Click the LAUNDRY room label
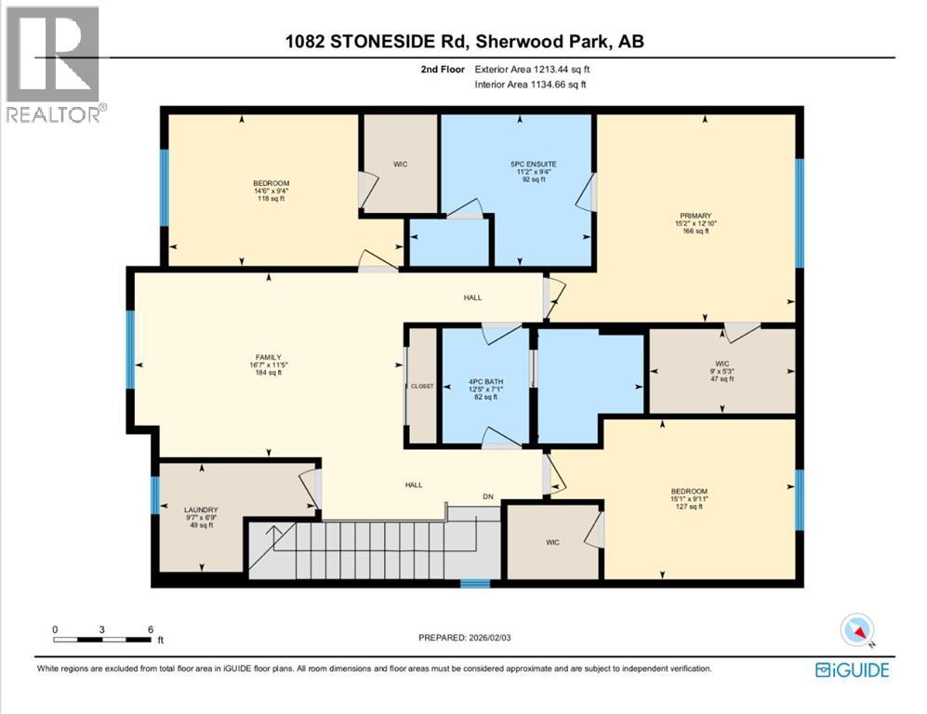coord(201,509)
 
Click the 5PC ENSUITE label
coord(513,164)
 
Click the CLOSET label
coord(421,386)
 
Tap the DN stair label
coord(487,496)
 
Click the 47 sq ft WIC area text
coord(722,381)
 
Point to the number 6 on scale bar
coord(151,628)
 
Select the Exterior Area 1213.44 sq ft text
coord(532,69)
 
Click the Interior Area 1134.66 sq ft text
coord(530,85)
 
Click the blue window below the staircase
coord(475,584)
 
